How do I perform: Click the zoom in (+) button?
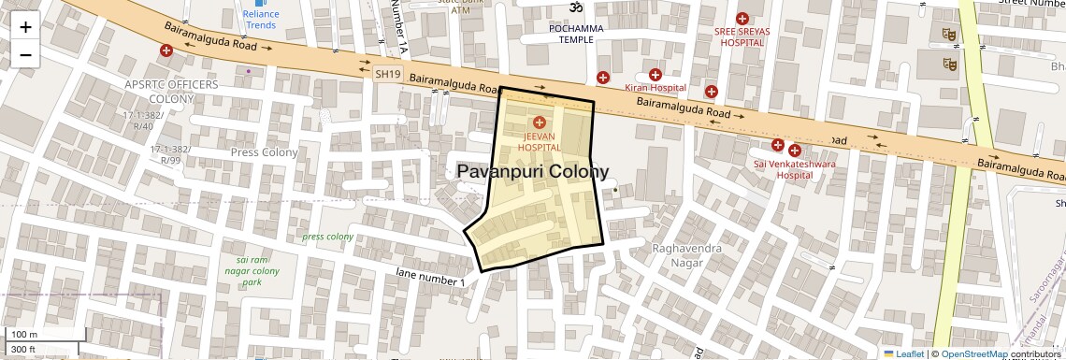pos(25,26)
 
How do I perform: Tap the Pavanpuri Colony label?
pos(533,172)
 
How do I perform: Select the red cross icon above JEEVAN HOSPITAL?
pos(539,122)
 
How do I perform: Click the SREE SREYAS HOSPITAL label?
pos(742,36)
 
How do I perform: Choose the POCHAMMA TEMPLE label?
pos(576,34)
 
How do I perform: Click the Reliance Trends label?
pos(261,20)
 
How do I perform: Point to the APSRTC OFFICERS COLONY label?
pos(158,91)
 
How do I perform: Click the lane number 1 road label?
pos(430,276)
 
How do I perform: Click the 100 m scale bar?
pos(26,334)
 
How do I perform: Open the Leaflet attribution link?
pos(904,353)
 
